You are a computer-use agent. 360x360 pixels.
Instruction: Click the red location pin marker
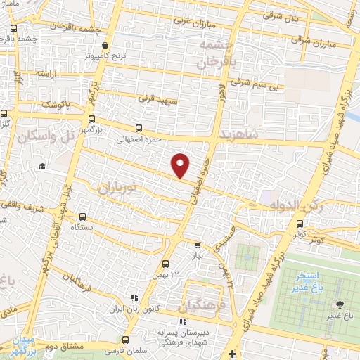[181, 165]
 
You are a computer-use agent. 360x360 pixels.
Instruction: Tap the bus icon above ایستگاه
[83, 217]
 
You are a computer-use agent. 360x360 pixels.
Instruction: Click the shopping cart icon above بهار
[198, 245]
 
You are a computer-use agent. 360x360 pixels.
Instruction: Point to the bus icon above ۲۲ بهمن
[165, 264]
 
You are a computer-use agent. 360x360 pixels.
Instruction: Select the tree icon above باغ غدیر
[340, 304]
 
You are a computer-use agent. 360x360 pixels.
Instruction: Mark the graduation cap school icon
[41, 167]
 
